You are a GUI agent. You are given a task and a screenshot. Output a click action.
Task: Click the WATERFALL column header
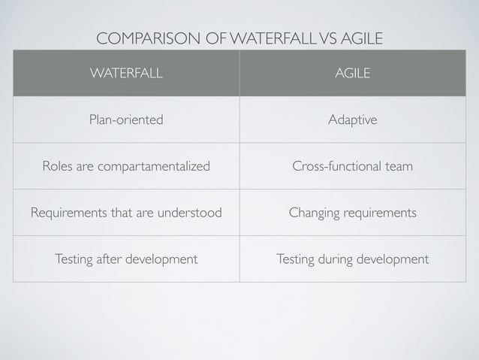coord(126,74)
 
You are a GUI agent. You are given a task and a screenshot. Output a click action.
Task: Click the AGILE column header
coord(352,74)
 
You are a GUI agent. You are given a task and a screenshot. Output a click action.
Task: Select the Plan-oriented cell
coord(126,120)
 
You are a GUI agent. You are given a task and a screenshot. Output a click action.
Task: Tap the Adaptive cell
coord(352,120)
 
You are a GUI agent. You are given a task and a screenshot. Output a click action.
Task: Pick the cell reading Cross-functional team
coord(352,166)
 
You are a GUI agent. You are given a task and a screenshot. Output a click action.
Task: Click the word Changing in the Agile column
coord(313,213)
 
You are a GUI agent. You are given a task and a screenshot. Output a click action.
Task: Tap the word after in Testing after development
coord(110,259)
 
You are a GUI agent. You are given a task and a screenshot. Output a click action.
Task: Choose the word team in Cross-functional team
coord(398,166)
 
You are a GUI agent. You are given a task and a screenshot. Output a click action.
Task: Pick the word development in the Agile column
coord(393,259)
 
